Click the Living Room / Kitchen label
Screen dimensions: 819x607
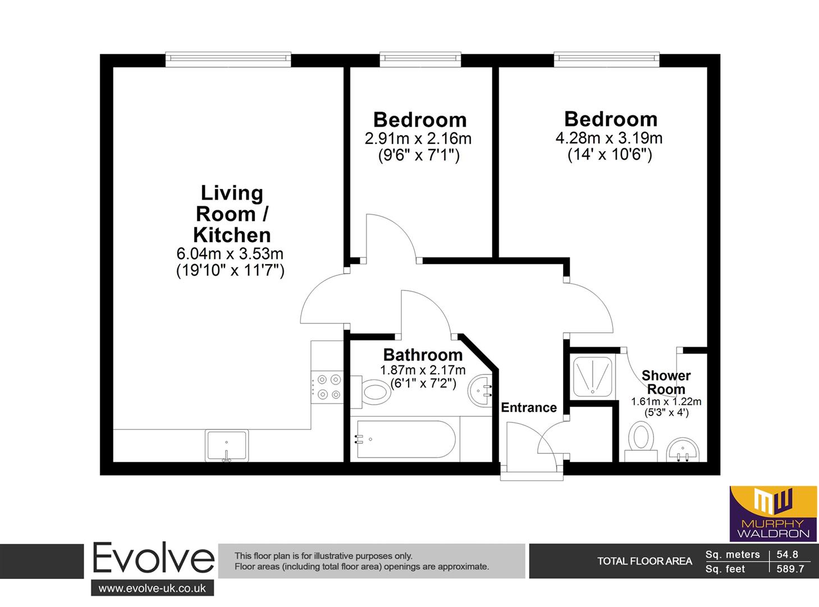pyautogui.click(x=232, y=214)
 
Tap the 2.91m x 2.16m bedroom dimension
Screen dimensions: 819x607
pyautogui.click(x=418, y=139)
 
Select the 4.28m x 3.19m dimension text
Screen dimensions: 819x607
pyautogui.click(x=609, y=138)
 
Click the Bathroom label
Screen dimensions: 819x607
pyautogui.click(x=423, y=355)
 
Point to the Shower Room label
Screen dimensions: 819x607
pyautogui.click(x=666, y=382)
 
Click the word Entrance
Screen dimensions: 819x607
pyautogui.click(x=529, y=407)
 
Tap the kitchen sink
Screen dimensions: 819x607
pyautogui.click(x=227, y=446)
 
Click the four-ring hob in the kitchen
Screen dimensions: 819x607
pyautogui.click(x=327, y=387)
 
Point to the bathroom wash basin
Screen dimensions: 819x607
pyautogui.click(x=480, y=391)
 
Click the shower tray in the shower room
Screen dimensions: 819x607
pyautogui.click(x=592, y=377)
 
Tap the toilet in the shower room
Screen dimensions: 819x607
pyautogui.click(x=640, y=441)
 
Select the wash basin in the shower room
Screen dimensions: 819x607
pyautogui.click(x=683, y=450)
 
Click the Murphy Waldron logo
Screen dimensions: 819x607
pyautogui.click(x=773, y=514)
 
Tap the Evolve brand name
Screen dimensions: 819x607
pyautogui.click(x=153, y=558)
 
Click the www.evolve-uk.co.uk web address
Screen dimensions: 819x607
pyautogui.click(x=152, y=588)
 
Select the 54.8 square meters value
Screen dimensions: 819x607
pyautogui.click(x=787, y=555)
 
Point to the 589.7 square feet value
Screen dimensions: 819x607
pyautogui.click(x=790, y=569)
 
